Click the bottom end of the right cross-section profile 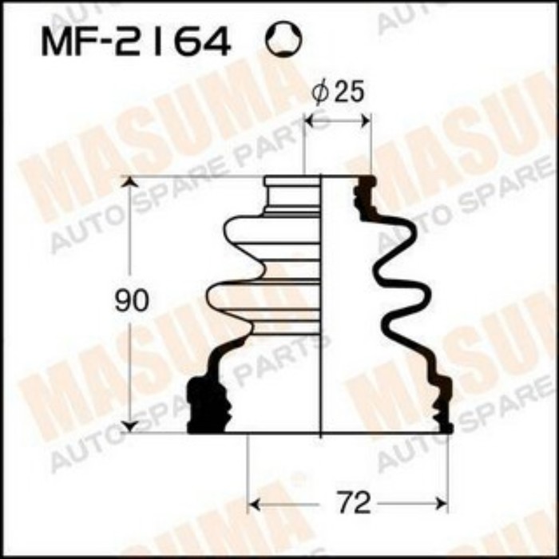pyautogui.click(x=442, y=427)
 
